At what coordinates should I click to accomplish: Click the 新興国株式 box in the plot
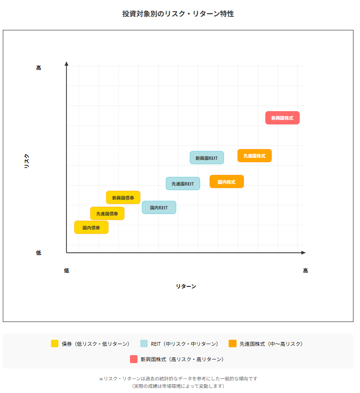[x=282, y=118]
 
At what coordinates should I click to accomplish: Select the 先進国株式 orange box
[x=254, y=156]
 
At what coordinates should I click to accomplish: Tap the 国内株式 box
[x=226, y=181]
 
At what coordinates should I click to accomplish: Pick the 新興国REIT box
[x=207, y=157]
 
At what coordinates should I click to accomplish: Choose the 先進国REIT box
[x=183, y=184]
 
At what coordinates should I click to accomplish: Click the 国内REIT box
[x=159, y=207]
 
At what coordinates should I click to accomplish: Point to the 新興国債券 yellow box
[x=123, y=198]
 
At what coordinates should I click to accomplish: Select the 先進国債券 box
[x=107, y=214]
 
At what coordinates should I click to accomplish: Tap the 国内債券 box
[x=91, y=228]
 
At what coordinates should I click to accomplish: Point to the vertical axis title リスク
[x=27, y=161]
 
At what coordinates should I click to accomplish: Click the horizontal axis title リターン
[x=186, y=286]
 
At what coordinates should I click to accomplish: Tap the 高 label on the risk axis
[x=38, y=68]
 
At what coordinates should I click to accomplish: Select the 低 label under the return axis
[x=66, y=271]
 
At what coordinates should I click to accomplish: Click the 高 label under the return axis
[x=305, y=271]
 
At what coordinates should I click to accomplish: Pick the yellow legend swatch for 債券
[x=55, y=343]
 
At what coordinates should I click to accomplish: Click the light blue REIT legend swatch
[x=144, y=343]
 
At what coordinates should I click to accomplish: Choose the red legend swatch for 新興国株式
[x=134, y=359]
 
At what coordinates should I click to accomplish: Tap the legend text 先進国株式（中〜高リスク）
[x=271, y=343]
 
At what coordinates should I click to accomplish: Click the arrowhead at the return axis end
[x=303, y=253]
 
